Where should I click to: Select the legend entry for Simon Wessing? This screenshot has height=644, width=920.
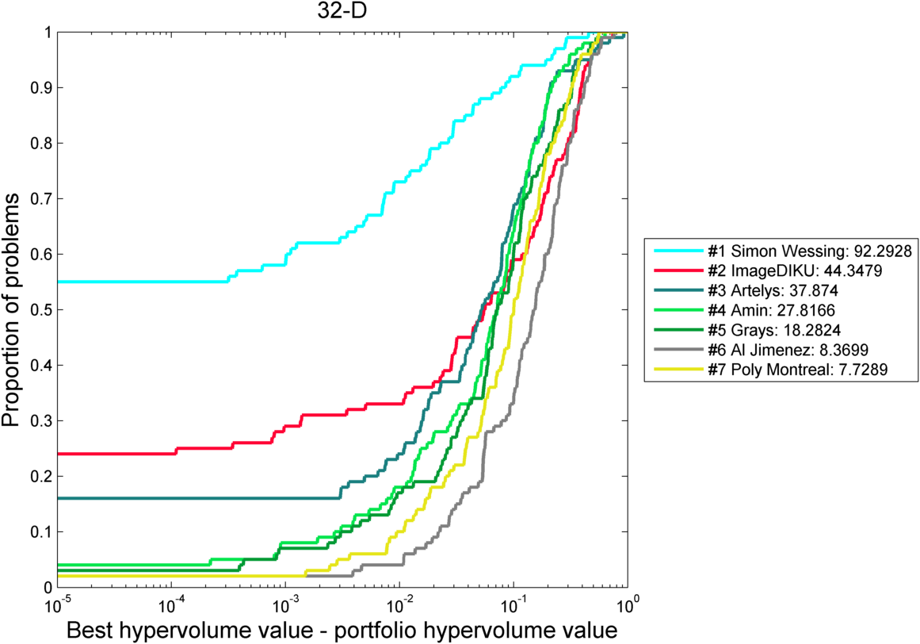pyautogui.click(x=809, y=251)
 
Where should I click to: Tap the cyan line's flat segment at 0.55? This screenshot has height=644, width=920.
pyautogui.click(x=143, y=282)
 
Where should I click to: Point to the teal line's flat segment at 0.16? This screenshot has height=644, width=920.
pyautogui.click(x=198, y=498)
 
